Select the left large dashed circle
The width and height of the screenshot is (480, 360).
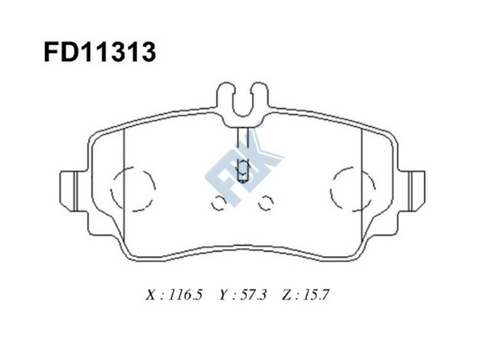coord(136,187)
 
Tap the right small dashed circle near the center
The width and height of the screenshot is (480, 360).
coord(266,203)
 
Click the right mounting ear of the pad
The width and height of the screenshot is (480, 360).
coord(415,186)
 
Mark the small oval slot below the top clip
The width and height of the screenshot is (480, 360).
coord(240,168)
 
